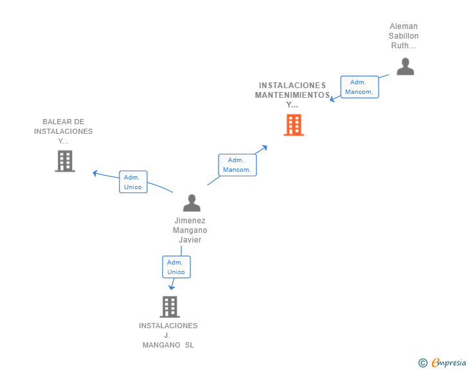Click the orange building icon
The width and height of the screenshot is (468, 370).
click(x=294, y=125)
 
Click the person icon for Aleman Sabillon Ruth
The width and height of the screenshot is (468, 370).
click(x=405, y=66)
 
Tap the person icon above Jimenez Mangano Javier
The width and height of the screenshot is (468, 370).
click(x=192, y=203)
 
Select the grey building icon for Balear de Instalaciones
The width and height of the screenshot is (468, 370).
click(x=65, y=161)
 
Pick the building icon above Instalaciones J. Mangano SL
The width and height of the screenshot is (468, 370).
click(x=169, y=306)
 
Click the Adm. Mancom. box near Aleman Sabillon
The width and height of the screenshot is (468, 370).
click(x=359, y=87)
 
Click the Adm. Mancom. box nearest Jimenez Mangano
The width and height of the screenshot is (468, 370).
click(x=237, y=165)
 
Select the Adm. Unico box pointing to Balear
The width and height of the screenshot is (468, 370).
click(x=133, y=182)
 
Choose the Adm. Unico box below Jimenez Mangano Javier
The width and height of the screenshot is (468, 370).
click(x=175, y=267)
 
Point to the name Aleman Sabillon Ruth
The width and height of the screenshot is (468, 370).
click(x=404, y=36)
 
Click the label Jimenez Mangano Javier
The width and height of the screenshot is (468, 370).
click(x=190, y=230)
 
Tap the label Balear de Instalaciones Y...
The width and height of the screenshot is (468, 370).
click(x=64, y=131)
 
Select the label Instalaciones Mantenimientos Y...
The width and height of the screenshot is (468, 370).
click(x=292, y=95)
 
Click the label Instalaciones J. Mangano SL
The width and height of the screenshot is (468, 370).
click(x=168, y=335)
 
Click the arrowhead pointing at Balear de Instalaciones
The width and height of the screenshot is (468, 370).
click(x=95, y=172)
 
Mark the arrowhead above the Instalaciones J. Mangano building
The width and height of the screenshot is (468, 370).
click(x=171, y=286)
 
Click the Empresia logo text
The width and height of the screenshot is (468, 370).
click(x=449, y=363)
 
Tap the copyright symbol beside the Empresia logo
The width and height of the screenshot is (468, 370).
click(x=422, y=363)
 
